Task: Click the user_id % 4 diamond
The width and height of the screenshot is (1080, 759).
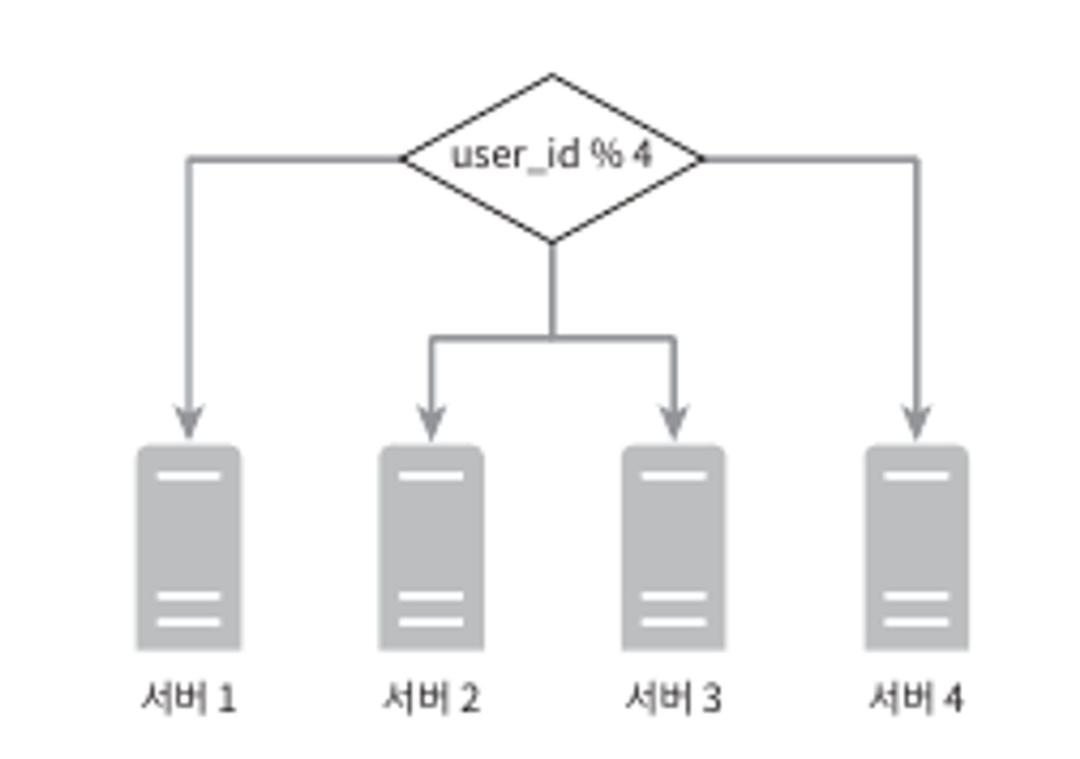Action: click(x=552, y=158)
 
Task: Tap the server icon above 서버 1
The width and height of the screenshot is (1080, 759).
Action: click(x=188, y=547)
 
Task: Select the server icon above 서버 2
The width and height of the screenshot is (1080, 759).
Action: click(x=431, y=547)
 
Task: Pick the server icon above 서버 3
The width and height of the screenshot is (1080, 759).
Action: click(x=673, y=547)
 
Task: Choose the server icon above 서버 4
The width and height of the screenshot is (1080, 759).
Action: click(x=916, y=547)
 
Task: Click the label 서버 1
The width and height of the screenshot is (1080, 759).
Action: click(x=188, y=697)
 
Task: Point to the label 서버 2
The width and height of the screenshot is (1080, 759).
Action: click(x=431, y=697)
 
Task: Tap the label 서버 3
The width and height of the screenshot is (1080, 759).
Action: click(x=673, y=697)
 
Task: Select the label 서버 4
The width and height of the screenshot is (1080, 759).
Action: click(x=916, y=697)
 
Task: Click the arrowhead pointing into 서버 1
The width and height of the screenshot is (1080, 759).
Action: click(x=188, y=421)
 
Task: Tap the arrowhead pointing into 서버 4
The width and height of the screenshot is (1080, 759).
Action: click(x=916, y=421)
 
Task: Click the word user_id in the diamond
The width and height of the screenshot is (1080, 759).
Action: click(x=515, y=156)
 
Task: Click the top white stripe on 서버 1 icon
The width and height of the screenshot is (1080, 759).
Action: click(x=188, y=476)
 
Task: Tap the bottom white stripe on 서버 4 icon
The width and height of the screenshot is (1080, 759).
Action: click(x=916, y=622)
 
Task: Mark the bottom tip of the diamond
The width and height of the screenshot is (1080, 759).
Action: click(x=552, y=241)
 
